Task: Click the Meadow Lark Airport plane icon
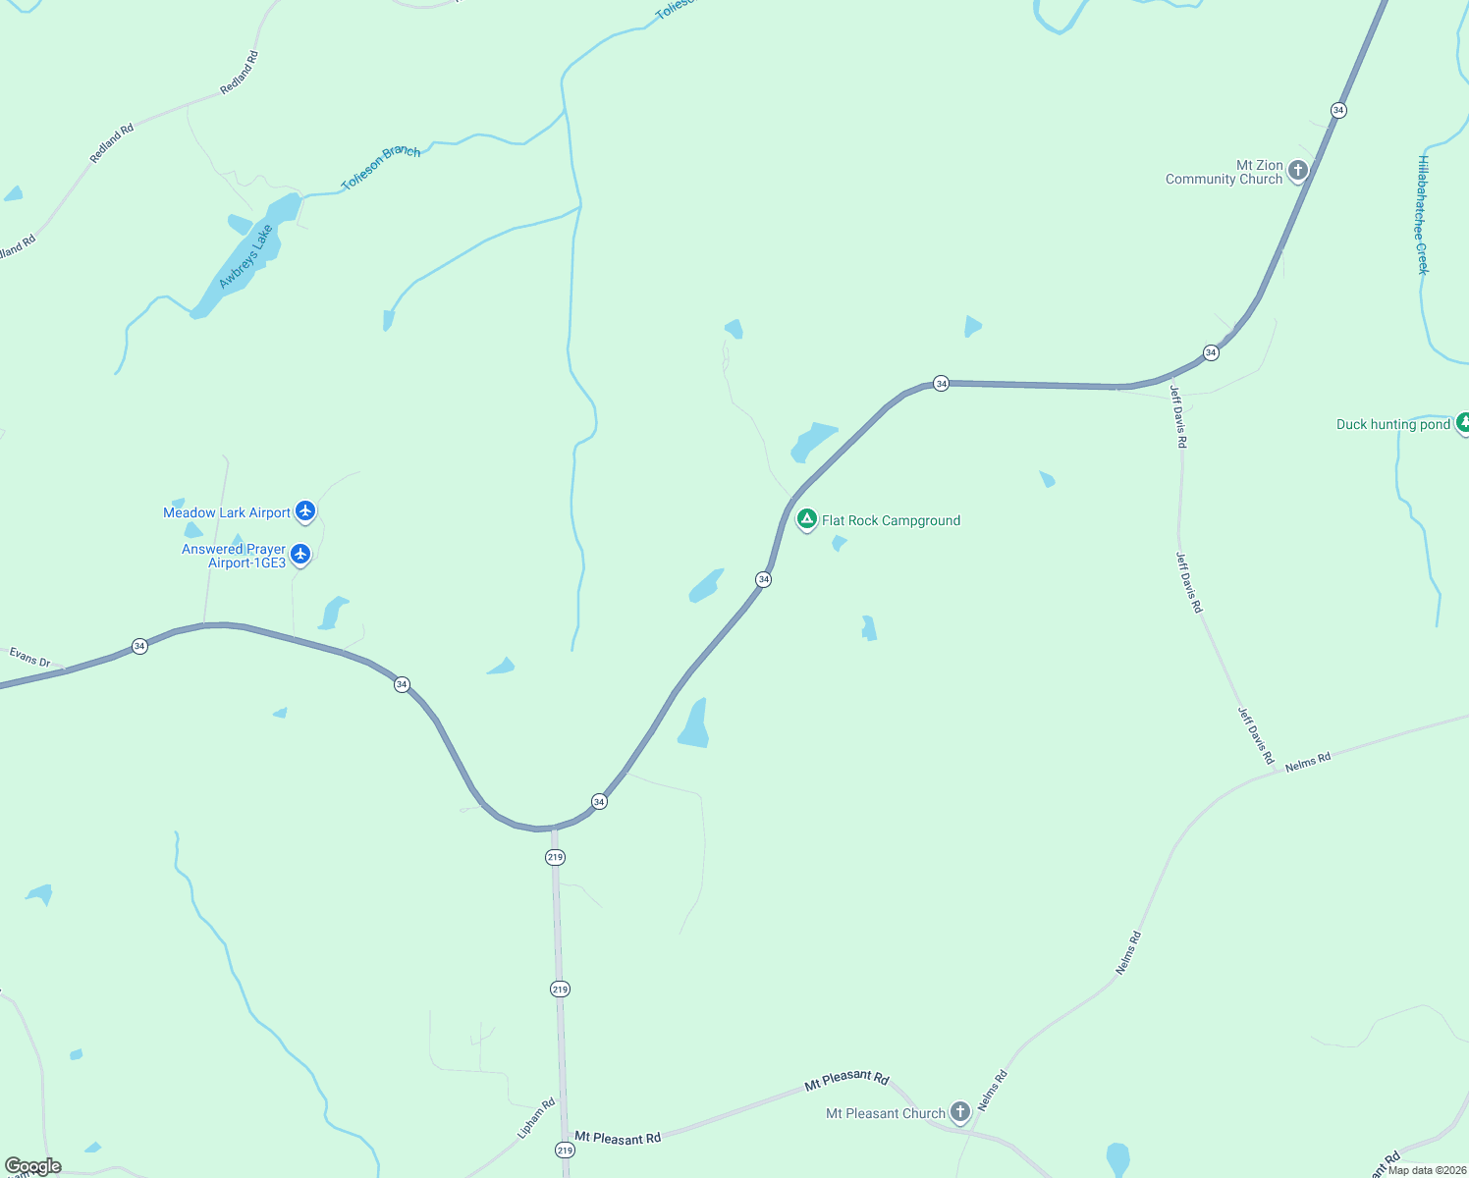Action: [305, 511]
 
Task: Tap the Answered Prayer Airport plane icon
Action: [300, 555]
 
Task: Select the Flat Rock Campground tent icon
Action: [806, 519]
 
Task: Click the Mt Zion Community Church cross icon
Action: [1298, 171]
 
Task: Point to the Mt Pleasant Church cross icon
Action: [960, 1112]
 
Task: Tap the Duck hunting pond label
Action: [1392, 424]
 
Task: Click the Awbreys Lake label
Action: [245, 257]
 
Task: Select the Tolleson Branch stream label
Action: [381, 166]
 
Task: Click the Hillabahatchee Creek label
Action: [1423, 215]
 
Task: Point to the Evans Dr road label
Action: [30, 657]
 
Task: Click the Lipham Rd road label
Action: [536, 1118]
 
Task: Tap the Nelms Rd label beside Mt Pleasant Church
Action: [993, 1090]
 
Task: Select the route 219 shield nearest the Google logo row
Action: [565, 1150]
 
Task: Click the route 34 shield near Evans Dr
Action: [139, 646]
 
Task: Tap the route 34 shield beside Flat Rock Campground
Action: [763, 579]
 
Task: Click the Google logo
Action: [33, 1166]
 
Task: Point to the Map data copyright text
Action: [1427, 1170]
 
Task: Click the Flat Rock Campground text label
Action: [891, 520]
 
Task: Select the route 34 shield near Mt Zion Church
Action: [1338, 110]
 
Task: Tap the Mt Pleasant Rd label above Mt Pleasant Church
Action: [846, 1080]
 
